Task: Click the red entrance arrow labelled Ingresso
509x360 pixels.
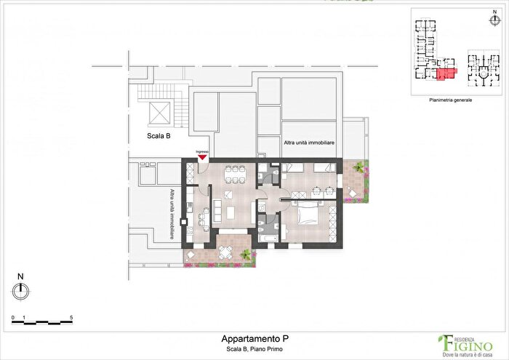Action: pyautogui.click(x=202, y=158)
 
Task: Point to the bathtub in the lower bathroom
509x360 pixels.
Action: pyautogui.click(x=267, y=237)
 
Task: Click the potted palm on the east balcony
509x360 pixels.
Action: pyautogui.click(x=357, y=167)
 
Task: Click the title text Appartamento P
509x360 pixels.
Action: pyautogui.click(x=249, y=339)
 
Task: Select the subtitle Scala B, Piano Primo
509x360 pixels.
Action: pyautogui.click(x=249, y=349)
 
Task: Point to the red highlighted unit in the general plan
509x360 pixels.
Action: pyautogui.click(x=445, y=74)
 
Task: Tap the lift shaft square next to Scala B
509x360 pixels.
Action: pyautogui.click(x=160, y=113)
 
